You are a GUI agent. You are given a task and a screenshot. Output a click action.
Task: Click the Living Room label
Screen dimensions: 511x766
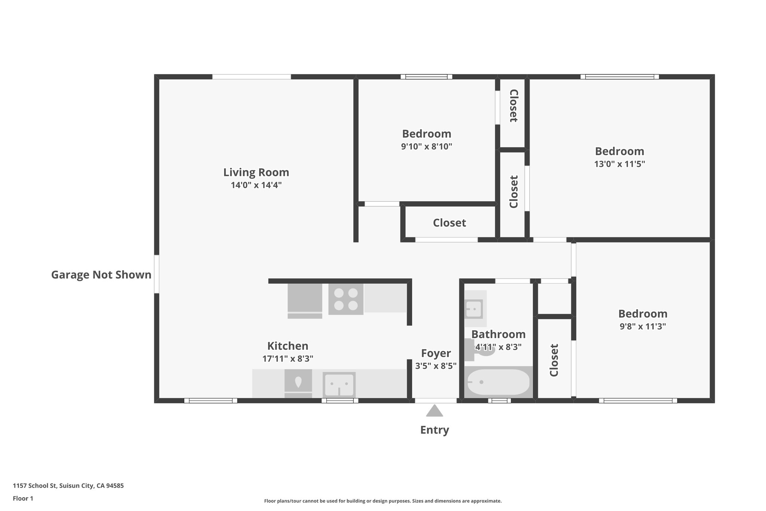tap(256, 172)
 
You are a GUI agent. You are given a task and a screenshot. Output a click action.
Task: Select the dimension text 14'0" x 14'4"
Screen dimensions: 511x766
tap(256, 185)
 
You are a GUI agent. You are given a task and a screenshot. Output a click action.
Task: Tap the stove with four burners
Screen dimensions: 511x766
tap(346, 299)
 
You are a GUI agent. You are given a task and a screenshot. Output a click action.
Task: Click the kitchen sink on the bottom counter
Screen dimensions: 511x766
tap(339, 384)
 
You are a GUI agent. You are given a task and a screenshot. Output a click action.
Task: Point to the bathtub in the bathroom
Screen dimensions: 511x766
tap(497, 382)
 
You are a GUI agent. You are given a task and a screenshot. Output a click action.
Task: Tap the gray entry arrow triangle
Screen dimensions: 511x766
tap(434, 411)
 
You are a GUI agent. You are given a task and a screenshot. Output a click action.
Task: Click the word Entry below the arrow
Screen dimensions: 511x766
tap(434, 430)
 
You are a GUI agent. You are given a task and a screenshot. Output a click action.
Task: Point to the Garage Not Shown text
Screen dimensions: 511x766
tap(101, 275)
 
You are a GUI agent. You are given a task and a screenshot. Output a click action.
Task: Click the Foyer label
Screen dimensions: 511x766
tap(436, 353)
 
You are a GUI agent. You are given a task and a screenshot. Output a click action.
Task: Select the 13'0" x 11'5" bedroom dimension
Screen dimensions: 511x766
tap(619, 164)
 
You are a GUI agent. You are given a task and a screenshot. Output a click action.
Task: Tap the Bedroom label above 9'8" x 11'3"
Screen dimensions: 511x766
tap(643, 314)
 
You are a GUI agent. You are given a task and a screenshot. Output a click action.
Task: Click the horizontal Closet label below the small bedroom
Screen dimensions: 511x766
tap(449, 223)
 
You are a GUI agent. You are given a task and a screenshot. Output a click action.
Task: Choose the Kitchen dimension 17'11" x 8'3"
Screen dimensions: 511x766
tap(288, 359)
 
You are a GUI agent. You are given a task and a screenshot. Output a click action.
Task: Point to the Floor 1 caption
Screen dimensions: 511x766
tap(23, 498)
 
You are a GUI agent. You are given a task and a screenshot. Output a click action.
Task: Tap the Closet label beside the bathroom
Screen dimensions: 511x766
tap(554, 360)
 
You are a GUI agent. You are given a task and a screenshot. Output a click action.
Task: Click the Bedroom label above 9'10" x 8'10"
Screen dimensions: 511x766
tap(426, 134)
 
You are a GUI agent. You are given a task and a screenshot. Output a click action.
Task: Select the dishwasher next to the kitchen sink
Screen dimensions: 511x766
tap(298, 383)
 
